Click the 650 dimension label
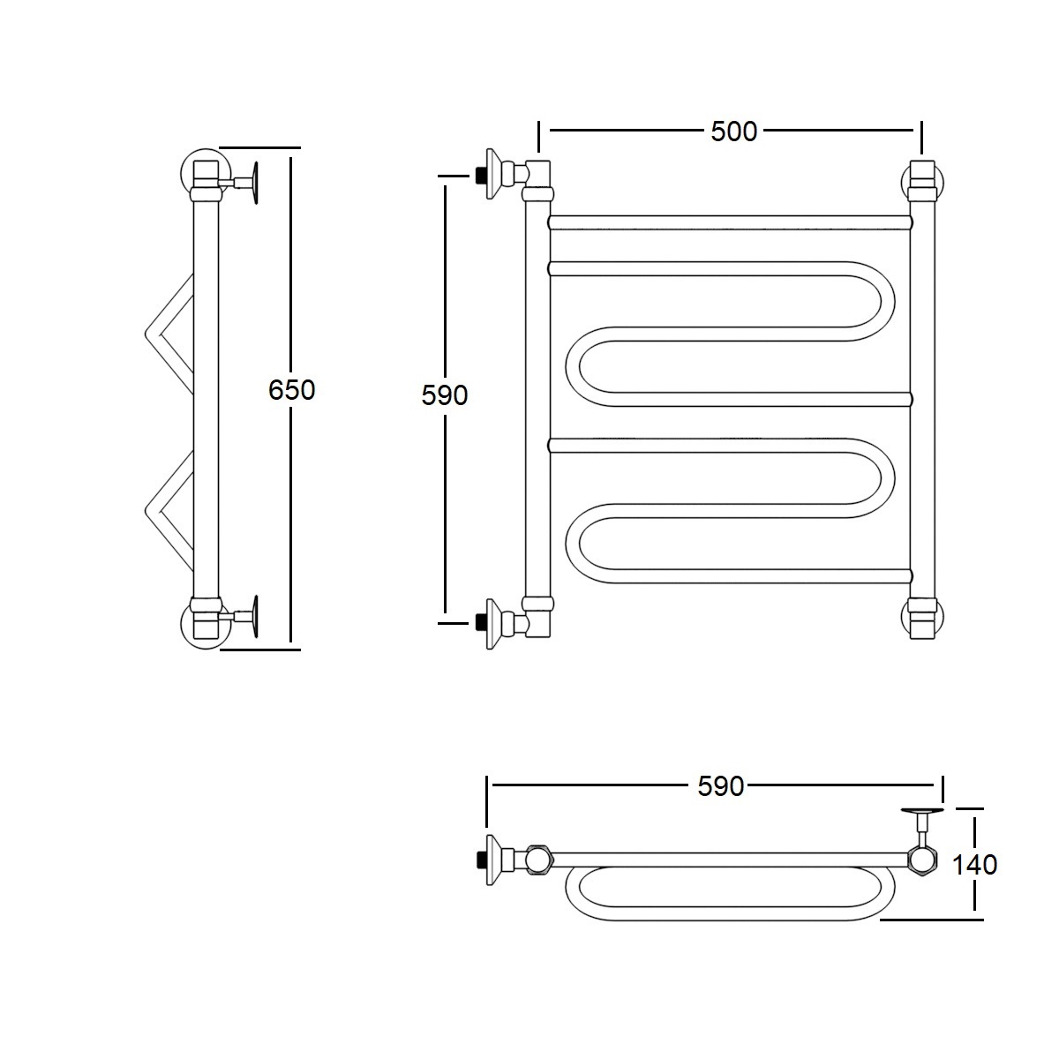[x=292, y=390]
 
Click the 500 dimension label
[x=733, y=131]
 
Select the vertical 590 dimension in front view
[x=445, y=395]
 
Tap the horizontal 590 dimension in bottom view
[x=720, y=786]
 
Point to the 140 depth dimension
[x=974, y=865]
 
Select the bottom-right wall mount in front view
[x=923, y=618]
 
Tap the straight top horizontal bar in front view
[x=731, y=222]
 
